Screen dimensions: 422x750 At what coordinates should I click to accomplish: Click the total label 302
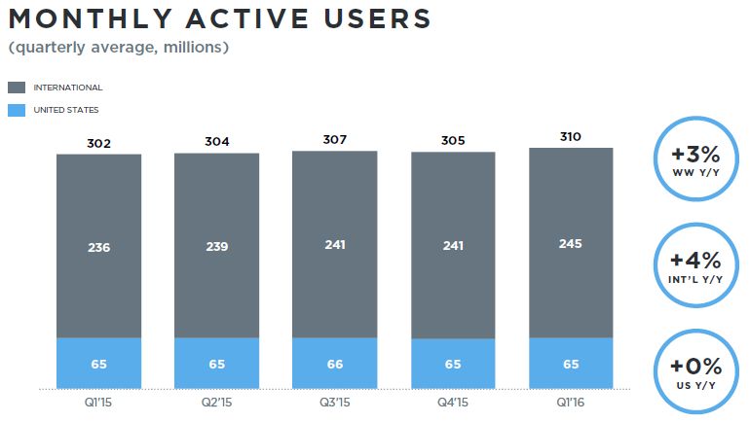click(98, 144)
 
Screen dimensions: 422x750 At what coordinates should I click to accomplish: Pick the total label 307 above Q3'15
click(335, 140)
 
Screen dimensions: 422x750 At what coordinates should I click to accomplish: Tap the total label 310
click(571, 137)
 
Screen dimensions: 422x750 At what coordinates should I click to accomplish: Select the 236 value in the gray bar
click(98, 247)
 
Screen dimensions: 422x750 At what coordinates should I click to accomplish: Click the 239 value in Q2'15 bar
click(216, 247)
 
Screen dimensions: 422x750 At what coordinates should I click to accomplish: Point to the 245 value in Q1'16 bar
click(571, 243)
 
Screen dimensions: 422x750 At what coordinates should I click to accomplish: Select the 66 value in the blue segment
click(335, 364)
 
